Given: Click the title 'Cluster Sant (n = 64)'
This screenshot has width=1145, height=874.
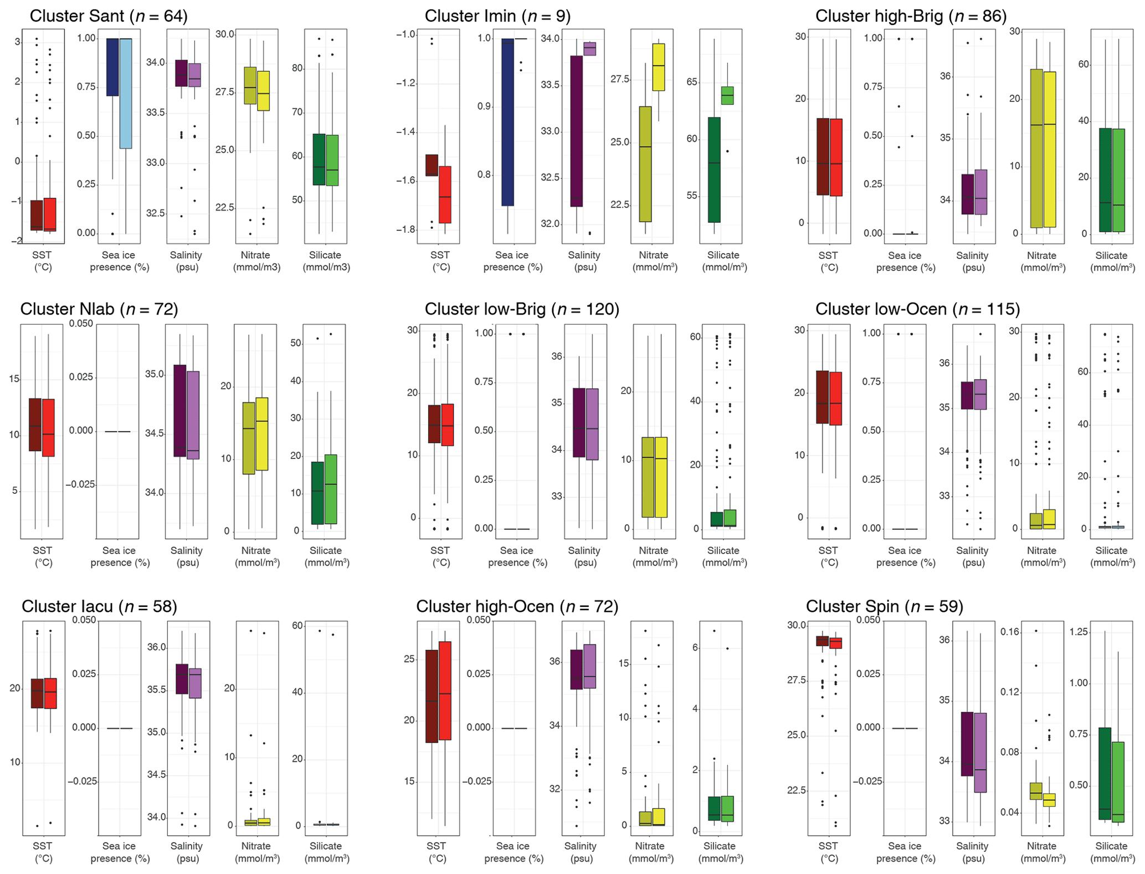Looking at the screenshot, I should tap(109, 16).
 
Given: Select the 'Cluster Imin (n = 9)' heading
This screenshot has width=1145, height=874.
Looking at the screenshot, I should tap(497, 16).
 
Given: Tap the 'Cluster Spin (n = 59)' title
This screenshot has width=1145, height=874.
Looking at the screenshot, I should tap(884, 606).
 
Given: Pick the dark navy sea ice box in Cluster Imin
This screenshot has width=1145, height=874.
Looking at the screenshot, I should tap(507, 122).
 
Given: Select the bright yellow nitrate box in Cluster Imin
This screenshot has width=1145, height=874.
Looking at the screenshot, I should tap(658, 67).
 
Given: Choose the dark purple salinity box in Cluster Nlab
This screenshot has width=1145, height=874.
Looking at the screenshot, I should tap(179, 410).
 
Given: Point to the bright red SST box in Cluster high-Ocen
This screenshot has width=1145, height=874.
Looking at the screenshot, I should tap(445, 690).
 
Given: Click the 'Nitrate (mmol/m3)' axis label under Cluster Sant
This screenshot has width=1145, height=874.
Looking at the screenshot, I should tap(256, 261).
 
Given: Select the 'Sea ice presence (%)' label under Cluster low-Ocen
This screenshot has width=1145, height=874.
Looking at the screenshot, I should tap(904, 556).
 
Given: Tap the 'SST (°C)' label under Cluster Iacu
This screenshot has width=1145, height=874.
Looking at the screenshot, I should tap(43, 852).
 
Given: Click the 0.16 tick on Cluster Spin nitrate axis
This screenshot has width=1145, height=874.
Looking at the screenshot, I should tap(1009, 632).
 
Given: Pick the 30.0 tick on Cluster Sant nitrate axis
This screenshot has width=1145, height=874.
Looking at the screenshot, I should tap(225, 34).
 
